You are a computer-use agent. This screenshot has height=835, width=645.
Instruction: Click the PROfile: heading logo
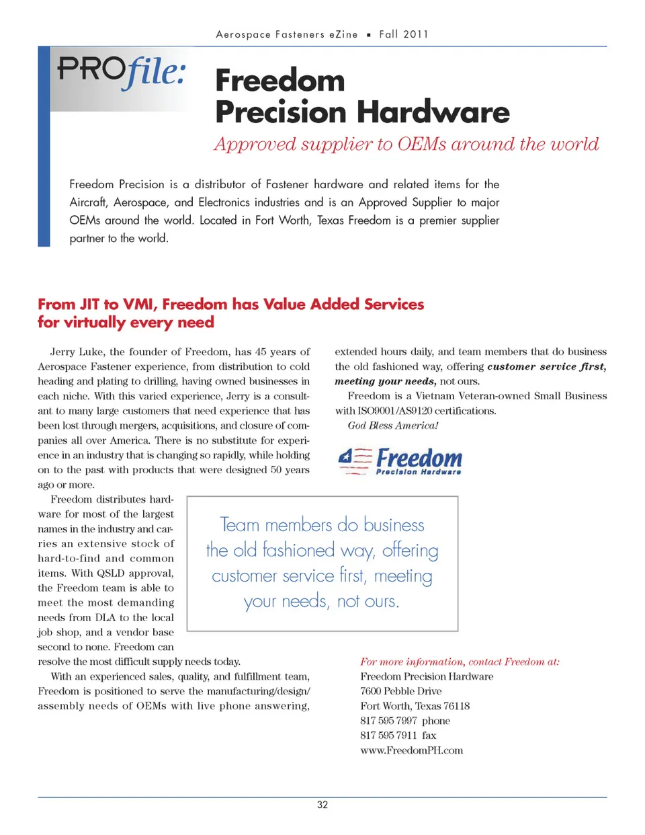pyautogui.click(x=122, y=71)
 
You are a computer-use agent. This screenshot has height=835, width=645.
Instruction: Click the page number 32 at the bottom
pyautogui.click(x=322, y=805)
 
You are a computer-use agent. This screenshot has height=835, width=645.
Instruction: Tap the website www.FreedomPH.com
pyautogui.click(x=411, y=750)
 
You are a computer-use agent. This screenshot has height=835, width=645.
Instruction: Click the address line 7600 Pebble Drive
pyautogui.click(x=400, y=691)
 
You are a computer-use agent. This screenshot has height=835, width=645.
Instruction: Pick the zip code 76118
pyautogui.click(x=456, y=706)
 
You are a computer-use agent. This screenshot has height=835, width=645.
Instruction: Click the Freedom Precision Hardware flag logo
pyautogui.click(x=400, y=461)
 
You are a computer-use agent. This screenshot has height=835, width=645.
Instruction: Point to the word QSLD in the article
pyautogui.click(x=111, y=573)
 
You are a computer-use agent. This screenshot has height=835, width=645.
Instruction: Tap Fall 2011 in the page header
pyautogui.click(x=403, y=34)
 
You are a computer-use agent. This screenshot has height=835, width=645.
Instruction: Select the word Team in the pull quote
pyautogui.click(x=240, y=525)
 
